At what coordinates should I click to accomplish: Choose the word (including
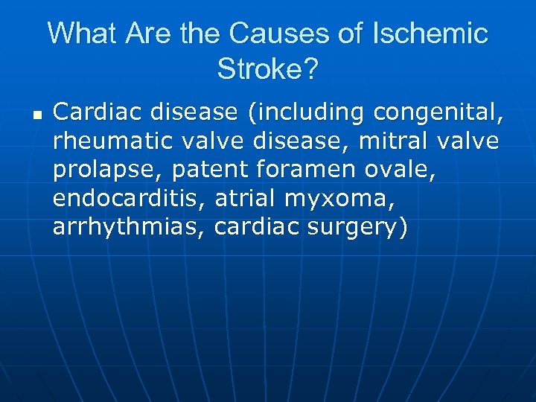[x=306, y=112]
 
